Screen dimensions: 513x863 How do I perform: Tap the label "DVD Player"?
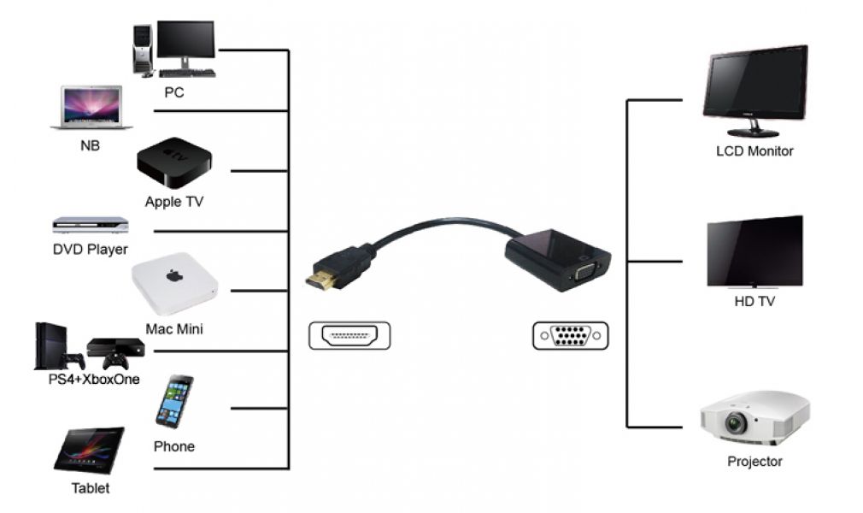90,250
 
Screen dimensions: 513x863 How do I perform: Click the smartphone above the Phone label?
173,401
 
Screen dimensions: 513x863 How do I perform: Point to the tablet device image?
89,450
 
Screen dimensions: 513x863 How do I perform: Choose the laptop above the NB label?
91,108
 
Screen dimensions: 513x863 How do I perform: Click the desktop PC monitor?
185,41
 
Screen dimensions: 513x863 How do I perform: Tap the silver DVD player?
90,225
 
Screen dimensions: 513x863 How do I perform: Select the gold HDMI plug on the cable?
322,280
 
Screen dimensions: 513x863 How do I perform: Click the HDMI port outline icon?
349,335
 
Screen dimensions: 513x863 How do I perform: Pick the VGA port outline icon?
570,335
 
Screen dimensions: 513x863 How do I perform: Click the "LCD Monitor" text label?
754,151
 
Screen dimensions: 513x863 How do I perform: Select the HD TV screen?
754,250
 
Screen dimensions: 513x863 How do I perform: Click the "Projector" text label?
754,462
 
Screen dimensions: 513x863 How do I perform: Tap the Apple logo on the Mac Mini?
174,276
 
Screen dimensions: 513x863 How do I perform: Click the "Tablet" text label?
90,489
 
